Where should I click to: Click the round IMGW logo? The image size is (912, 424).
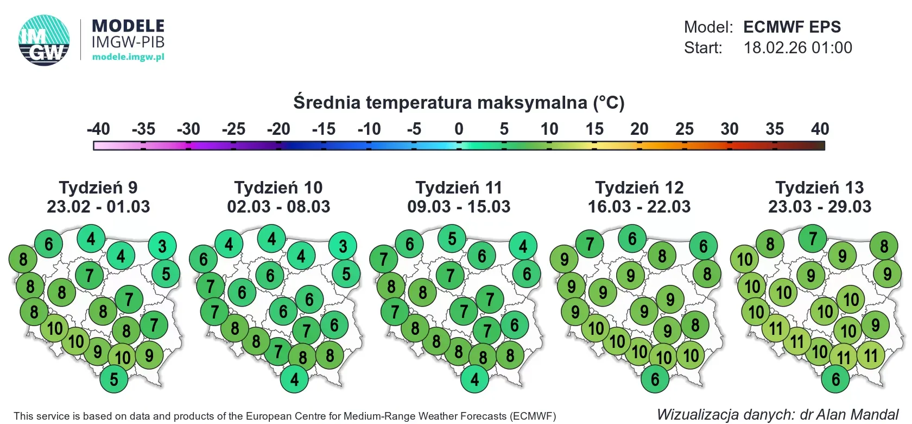click(44, 40)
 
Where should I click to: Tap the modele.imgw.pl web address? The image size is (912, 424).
click(128, 57)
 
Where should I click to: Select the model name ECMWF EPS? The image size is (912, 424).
click(791, 27)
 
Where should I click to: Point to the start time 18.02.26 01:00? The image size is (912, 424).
click(797, 48)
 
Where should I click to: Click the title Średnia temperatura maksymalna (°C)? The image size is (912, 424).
click(459, 103)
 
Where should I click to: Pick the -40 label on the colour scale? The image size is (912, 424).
click(98, 129)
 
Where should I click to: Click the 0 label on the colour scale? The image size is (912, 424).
click(459, 129)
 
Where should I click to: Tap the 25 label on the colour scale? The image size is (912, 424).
click(685, 129)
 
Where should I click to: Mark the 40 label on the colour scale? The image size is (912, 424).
click(820, 129)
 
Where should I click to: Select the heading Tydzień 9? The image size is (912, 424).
click(98, 188)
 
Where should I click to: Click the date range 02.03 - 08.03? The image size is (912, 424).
click(278, 207)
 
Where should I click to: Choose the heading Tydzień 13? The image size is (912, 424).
click(819, 188)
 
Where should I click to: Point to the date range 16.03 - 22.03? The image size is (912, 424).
click(639, 207)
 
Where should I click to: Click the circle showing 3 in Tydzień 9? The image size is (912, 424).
click(162, 246)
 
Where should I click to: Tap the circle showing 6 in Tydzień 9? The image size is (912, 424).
click(49, 244)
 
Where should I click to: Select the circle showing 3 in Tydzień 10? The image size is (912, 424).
click(343, 246)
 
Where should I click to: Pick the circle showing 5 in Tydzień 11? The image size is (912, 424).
click(452, 239)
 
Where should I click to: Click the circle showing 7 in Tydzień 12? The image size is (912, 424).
click(590, 244)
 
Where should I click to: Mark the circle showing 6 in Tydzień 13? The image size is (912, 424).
click(835, 379)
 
